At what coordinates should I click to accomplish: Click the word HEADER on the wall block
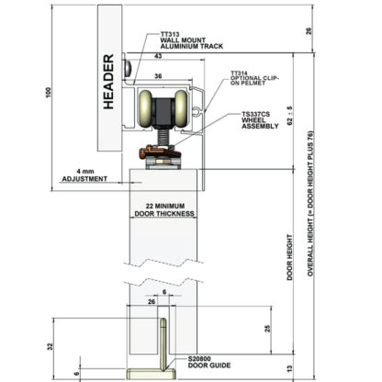108,82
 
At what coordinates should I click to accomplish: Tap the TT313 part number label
170,34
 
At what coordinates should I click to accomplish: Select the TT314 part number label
239,73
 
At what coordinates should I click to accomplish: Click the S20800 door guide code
199,359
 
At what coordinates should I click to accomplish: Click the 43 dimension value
158,56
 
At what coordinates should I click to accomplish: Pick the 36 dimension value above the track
158,76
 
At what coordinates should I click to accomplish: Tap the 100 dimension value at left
49,93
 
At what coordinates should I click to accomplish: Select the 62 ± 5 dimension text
290,116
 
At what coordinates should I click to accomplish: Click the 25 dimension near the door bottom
267,329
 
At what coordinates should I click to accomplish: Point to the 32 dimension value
51,346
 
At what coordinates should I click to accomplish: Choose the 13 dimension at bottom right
290,369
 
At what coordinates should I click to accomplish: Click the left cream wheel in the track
145,109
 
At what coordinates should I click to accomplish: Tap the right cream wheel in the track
181,109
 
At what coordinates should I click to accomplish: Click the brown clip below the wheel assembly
155,152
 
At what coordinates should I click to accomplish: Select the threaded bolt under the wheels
163,137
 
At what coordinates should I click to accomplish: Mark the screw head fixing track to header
128,68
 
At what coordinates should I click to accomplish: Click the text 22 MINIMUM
165,206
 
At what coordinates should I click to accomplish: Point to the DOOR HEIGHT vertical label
289,257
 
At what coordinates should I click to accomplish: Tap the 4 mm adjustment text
85,172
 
